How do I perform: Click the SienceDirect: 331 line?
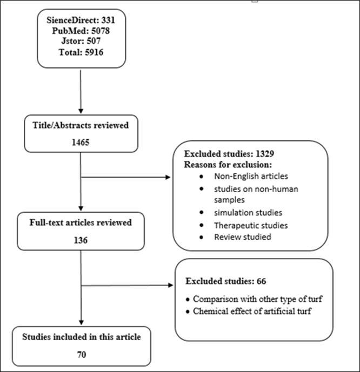[80, 21]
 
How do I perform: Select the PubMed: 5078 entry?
[80, 31]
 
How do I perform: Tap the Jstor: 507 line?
[80, 40]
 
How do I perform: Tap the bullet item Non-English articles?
[243, 176]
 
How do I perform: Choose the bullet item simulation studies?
[240, 212]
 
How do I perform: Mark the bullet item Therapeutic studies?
[243, 225]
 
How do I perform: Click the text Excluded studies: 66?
[225, 281]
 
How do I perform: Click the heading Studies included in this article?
[81, 337]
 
